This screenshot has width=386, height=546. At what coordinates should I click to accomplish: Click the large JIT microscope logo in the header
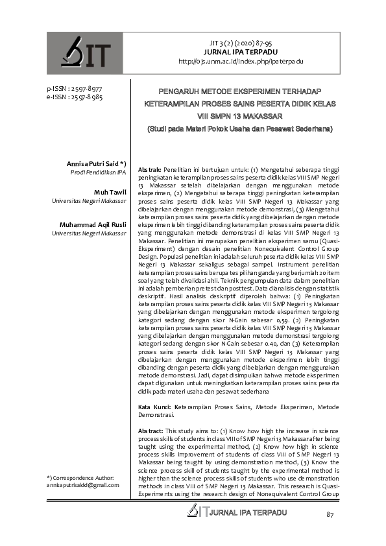pos(85,54)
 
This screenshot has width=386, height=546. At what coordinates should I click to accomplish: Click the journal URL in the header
pos(241,61)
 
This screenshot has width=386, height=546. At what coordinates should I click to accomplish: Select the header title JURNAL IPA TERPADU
pos(241,51)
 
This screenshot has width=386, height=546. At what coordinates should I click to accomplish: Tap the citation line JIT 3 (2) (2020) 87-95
pos(241,42)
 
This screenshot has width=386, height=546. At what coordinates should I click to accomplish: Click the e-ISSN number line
pos(69,97)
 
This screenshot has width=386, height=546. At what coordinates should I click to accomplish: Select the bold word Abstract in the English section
pos(151,431)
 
